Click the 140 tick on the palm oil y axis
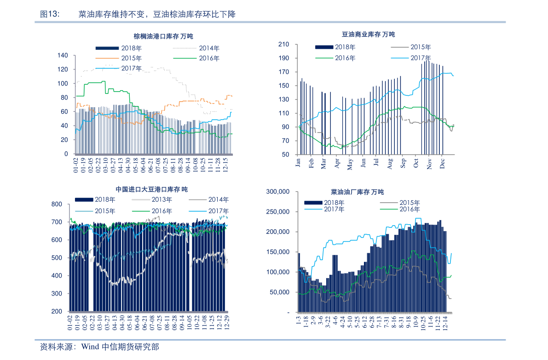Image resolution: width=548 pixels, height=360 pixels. click(63, 56)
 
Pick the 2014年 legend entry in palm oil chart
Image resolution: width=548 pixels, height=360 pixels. click(209, 48)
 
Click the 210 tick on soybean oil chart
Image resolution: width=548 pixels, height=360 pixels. click(283, 44)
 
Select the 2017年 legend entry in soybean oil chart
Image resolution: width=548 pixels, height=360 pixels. click(420, 58)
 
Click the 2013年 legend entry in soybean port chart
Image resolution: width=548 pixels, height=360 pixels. click(162, 200)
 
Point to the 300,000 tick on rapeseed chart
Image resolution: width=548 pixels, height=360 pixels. click(278, 192)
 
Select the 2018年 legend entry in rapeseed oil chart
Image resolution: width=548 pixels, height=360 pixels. click(335, 203)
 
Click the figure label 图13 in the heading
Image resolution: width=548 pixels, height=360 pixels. click(50, 15)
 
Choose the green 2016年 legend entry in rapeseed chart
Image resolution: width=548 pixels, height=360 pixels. click(410, 209)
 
